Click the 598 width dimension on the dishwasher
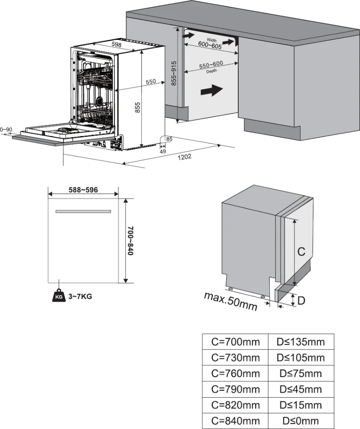tap(117, 44)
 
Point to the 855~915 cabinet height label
tap(174, 73)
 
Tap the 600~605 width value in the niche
tap(210, 45)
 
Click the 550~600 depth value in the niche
tap(211, 65)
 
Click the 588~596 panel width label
tap(84, 190)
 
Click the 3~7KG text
tap(81, 296)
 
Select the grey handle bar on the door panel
tap(83, 211)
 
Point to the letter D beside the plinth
tap(301, 301)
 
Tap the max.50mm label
tap(231, 301)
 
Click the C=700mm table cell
tap(235, 342)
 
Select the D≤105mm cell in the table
tap(300, 357)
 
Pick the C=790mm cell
tap(235, 389)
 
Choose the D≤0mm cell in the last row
tap(300, 421)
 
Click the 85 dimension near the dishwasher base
tap(169, 139)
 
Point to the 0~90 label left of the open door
tap(6, 130)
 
